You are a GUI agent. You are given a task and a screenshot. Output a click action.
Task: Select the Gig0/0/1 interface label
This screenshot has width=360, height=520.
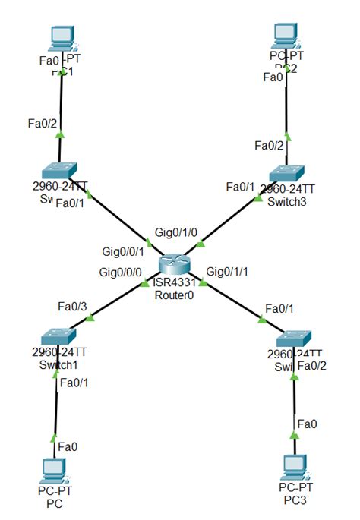122,251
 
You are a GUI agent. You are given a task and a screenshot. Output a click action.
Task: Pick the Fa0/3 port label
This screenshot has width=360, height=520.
72,306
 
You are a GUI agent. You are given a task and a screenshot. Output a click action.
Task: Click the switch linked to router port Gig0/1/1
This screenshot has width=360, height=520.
293,337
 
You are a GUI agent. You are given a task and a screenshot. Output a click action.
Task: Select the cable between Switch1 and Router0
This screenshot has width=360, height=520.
114,301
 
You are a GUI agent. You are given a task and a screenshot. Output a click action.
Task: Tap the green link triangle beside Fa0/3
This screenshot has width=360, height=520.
90,318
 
